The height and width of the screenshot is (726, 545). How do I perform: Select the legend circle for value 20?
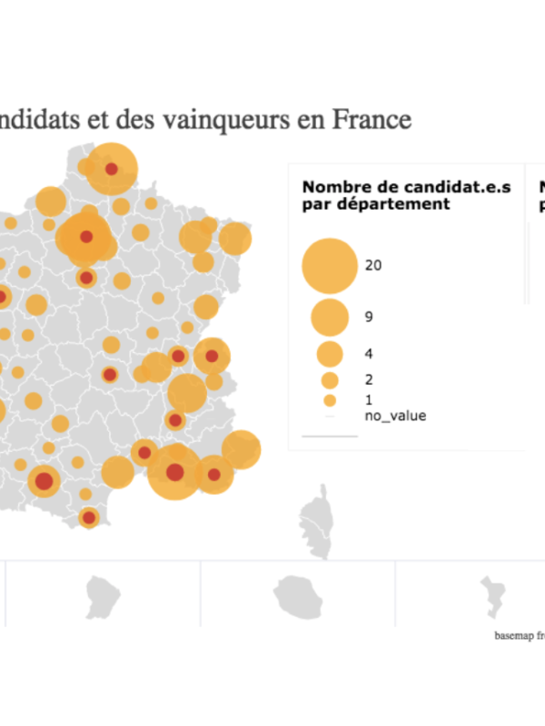tap(330, 265)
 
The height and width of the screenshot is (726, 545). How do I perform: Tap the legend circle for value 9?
tap(330, 317)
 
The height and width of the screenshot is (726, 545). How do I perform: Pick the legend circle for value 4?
tap(330, 353)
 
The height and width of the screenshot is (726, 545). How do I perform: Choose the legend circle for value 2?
tap(330, 379)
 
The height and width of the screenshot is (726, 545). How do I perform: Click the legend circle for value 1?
tap(330, 399)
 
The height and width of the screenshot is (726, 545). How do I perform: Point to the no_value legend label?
tap(395, 417)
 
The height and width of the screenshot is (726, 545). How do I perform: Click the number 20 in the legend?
tap(372, 265)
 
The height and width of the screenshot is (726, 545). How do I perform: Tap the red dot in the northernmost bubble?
tap(112, 169)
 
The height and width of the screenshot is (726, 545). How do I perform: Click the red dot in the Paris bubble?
tap(86, 237)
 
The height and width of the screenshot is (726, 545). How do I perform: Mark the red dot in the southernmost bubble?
tap(88, 518)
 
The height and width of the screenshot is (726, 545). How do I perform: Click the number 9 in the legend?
tap(369, 317)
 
